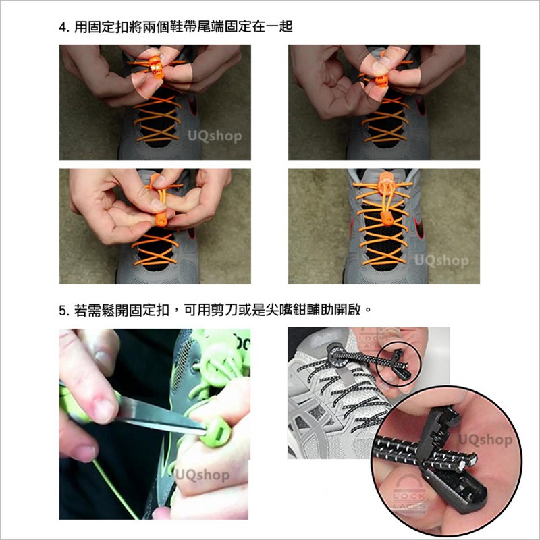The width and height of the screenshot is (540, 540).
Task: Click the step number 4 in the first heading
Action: [x=62, y=27]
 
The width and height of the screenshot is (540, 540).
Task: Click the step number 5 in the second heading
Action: [x=62, y=311]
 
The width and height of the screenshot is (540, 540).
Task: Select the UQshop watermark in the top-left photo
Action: [x=215, y=136]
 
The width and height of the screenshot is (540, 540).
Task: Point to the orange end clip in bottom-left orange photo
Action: [x=161, y=219]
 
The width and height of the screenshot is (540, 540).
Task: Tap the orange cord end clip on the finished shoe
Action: [x=386, y=219]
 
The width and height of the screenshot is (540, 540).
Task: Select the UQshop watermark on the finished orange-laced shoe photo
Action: [x=441, y=261]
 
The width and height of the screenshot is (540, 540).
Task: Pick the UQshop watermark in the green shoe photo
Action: [x=202, y=475]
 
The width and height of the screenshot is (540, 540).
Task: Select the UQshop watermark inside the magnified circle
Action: [x=485, y=440]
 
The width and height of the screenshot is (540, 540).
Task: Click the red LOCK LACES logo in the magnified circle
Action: [x=410, y=492]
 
